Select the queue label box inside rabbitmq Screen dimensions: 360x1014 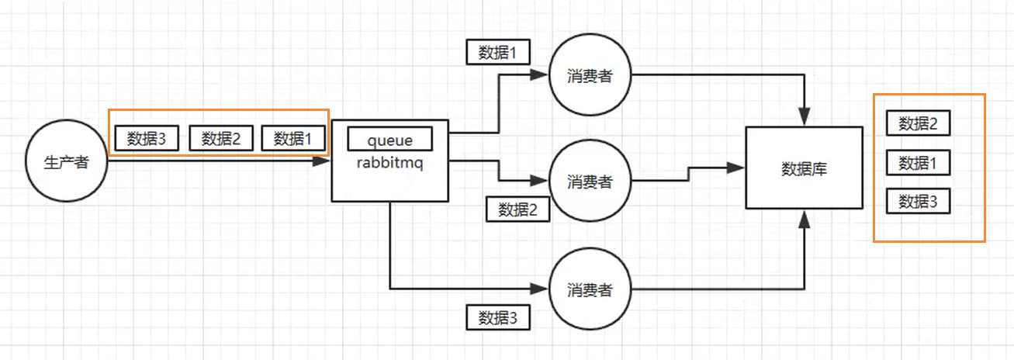pyautogui.click(x=389, y=139)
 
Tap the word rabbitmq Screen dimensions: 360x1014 pyautogui.click(x=389, y=163)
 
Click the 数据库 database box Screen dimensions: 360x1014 pyautogui.click(x=804, y=168)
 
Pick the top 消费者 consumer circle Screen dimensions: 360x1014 pyautogui.click(x=590, y=76)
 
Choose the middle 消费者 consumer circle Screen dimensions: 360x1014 pyautogui.click(x=590, y=182)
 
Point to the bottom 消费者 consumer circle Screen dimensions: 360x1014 pyautogui.click(x=590, y=289)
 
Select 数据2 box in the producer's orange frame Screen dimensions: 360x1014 pyautogui.click(x=221, y=138)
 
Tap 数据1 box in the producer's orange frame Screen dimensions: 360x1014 pyautogui.click(x=292, y=138)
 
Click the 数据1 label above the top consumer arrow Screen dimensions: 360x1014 pyautogui.click(x=498, y=52)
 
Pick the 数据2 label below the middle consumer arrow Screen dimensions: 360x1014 pyautogui.click(x=518, y=209)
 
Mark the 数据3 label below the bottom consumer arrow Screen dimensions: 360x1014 pyautogui.click(x=498, y=317)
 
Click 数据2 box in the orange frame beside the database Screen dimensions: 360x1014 pyautogui.click(x=918, y=123)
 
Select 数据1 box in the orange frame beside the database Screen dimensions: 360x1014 pyautogui.click(x=918, y=163)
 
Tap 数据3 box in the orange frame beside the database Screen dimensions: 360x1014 pyautogui.click(x=918, y=202)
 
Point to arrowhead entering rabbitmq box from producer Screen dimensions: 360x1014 pyautogui.click(x=324, y=162)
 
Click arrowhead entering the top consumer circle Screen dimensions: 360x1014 pyautogui.click(x=541, y=76)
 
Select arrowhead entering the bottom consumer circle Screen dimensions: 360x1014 pyautogui.click(x=541, y=289)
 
